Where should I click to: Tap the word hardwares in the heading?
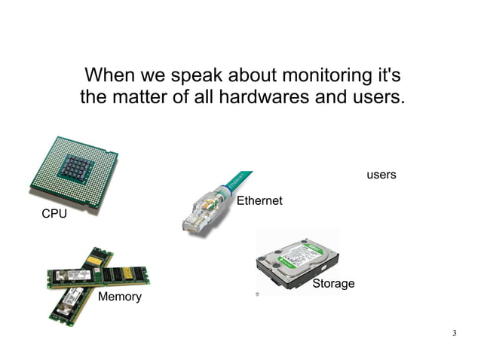(278, 98)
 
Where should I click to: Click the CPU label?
(54, 215)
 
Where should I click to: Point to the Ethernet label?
(259, 201)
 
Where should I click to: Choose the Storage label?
(333, 284)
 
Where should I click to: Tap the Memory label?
(120, 297)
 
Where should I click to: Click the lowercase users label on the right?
(381, 175)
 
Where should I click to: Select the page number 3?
(455, 333)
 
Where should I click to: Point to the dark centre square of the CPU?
(75, 166)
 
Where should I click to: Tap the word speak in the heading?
(199, 76)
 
